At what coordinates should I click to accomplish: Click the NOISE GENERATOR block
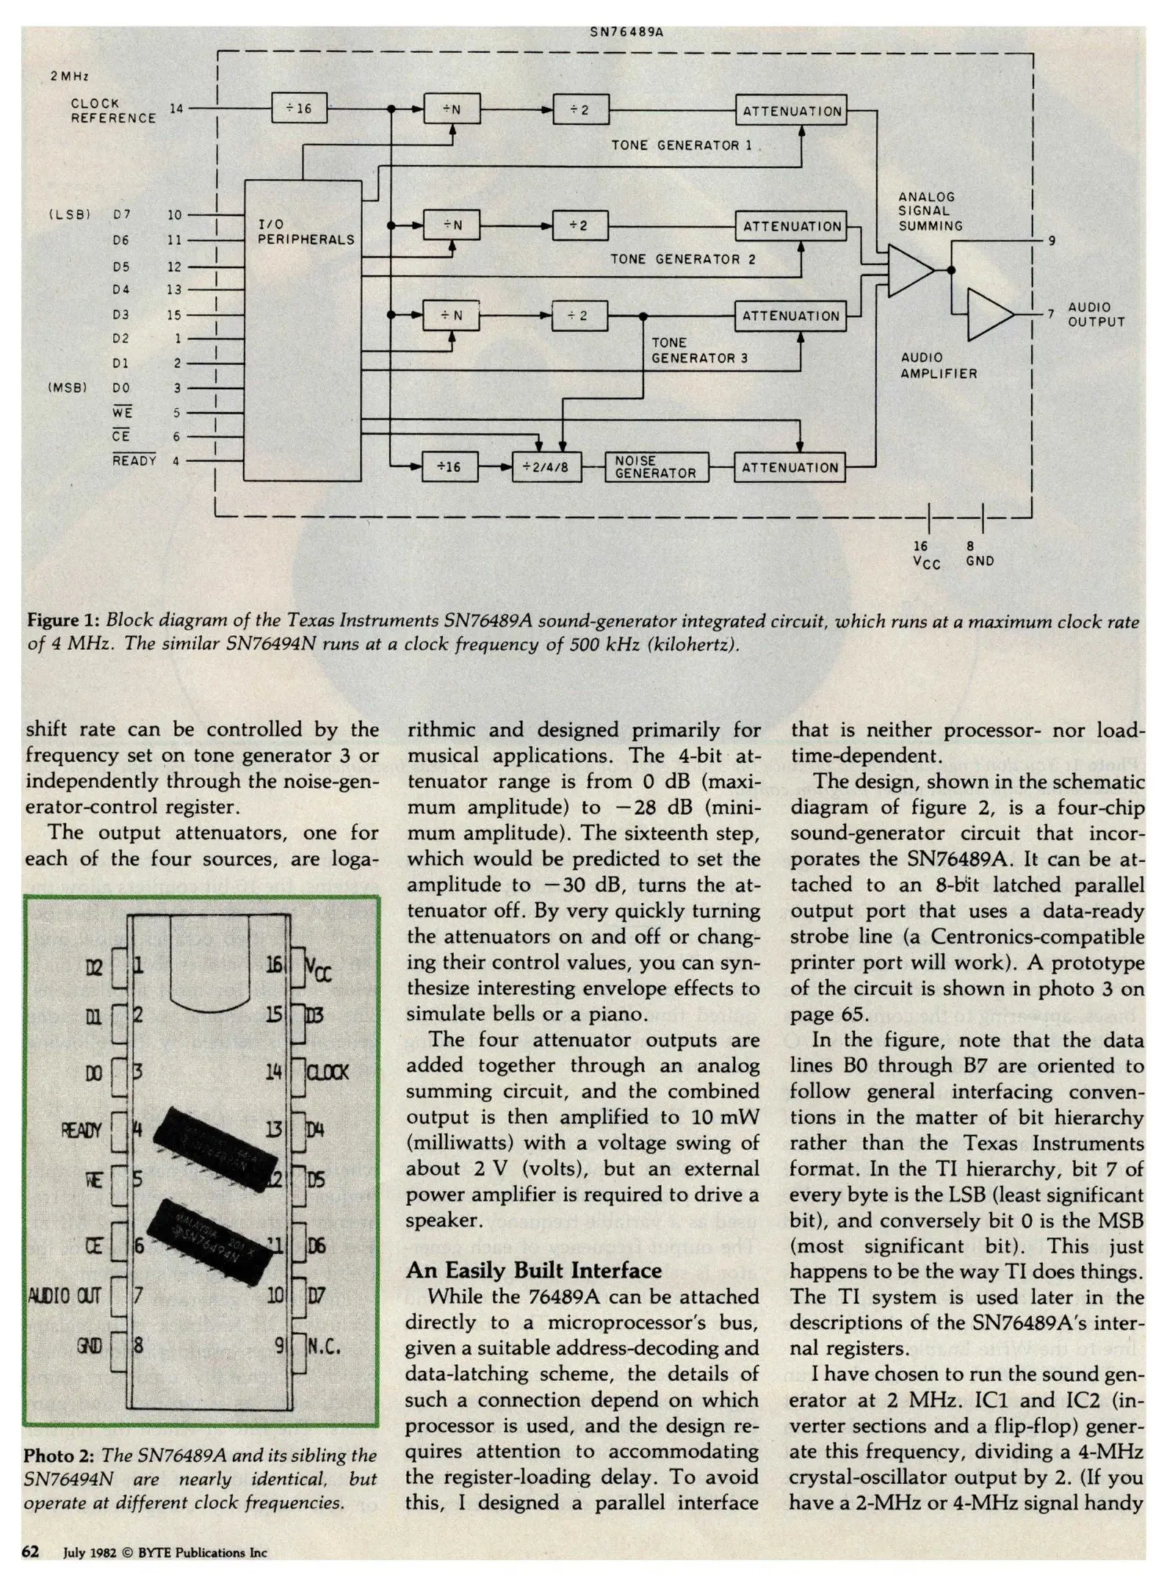pyautogui.click(x=657, y=467)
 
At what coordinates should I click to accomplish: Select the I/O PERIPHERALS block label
pyautogui.click(x=306, y=232)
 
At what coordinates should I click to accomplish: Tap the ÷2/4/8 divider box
pyautogui.click(x=546, y=467)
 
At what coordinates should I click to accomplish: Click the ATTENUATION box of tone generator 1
pyautogui.click(x=792, y=111)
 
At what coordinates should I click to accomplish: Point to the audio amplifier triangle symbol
pyautogui.click(x=989, y=314)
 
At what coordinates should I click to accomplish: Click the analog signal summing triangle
pyautogui.click(x=909, y=270)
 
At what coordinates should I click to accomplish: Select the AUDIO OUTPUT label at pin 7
pyautogui.click(x=1095, y=314)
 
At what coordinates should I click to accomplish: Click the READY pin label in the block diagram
pyautogui.click(x=134, y=460)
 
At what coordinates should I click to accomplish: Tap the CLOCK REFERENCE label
pyautogui.click(x=113, y=111)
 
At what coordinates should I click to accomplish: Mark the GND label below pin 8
pyautogui.click(x=980, y=561)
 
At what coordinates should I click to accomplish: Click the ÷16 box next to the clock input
pyautogui.click(x=299, y=109)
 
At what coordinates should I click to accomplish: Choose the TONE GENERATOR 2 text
pyautogui.click(x=682, y=258)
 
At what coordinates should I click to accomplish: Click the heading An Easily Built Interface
pyautogui.click(x=534, y=1270)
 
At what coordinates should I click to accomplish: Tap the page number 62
pyautogui.click(x=30, y=1551)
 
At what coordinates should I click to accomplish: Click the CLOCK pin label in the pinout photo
pyautogui.click(x=328, y=1072)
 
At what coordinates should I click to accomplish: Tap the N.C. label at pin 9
pyautogui.click(x=324, y=1346)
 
